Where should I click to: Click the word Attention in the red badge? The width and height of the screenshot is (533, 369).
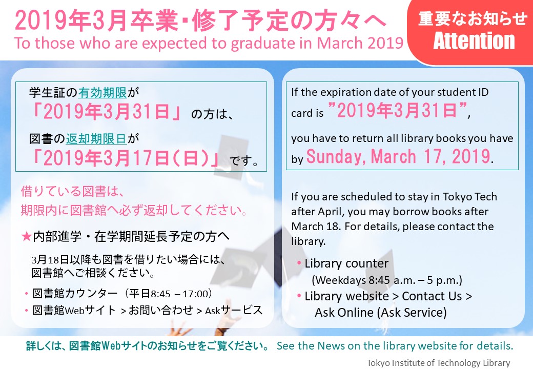pos(474,41)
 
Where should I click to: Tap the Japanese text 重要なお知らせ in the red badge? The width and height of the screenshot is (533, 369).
pos(473,18)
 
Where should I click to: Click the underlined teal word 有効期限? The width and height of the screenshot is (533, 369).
pos(102,92)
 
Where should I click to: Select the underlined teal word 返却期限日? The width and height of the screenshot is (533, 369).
pos(96,138)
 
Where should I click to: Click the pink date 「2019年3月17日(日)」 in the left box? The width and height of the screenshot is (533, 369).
pos(126,158)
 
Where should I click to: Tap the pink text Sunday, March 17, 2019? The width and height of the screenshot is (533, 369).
pos(398,156)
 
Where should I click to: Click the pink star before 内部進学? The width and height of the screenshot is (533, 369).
pos(26,236)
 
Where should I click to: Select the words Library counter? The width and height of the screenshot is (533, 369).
pos(346,263)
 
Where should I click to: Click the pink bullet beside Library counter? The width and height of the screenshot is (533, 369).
pos(299,262)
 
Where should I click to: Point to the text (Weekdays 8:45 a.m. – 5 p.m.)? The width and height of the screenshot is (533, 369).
pos(387,280)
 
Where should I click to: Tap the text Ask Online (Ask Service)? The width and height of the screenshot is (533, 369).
pos(381,312)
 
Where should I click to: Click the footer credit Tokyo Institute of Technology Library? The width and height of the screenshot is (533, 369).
pos(439,363)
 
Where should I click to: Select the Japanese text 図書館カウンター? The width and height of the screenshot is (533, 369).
pos(75,294)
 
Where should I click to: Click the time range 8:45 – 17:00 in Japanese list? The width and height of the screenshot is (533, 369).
pos(179,294)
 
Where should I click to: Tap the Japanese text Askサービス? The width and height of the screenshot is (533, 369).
pos(234,310)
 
